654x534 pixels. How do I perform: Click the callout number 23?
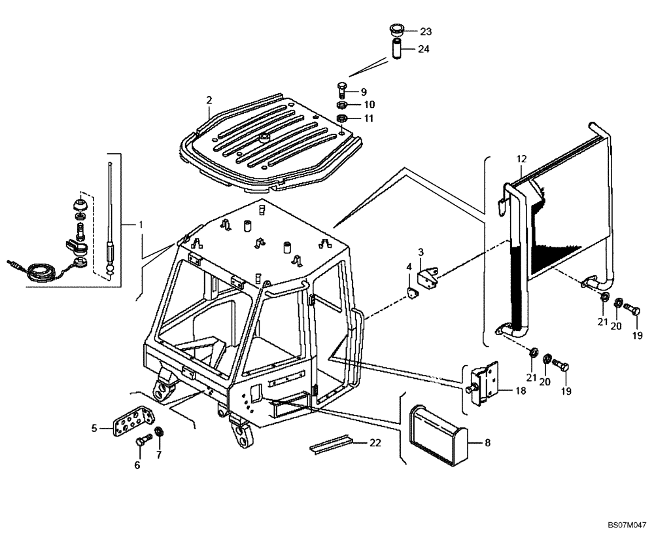point(426,31)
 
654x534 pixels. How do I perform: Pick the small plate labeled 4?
point(413,294)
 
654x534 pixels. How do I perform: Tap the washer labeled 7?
point(159,435)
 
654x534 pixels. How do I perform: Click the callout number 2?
point(209,100)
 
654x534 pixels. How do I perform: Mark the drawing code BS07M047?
point(627,525)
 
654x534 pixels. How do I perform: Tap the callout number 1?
point(140,224)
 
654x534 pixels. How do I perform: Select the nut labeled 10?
point(342,105)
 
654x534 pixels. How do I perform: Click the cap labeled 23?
point(396,29)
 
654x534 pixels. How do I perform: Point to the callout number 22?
point(375,443)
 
